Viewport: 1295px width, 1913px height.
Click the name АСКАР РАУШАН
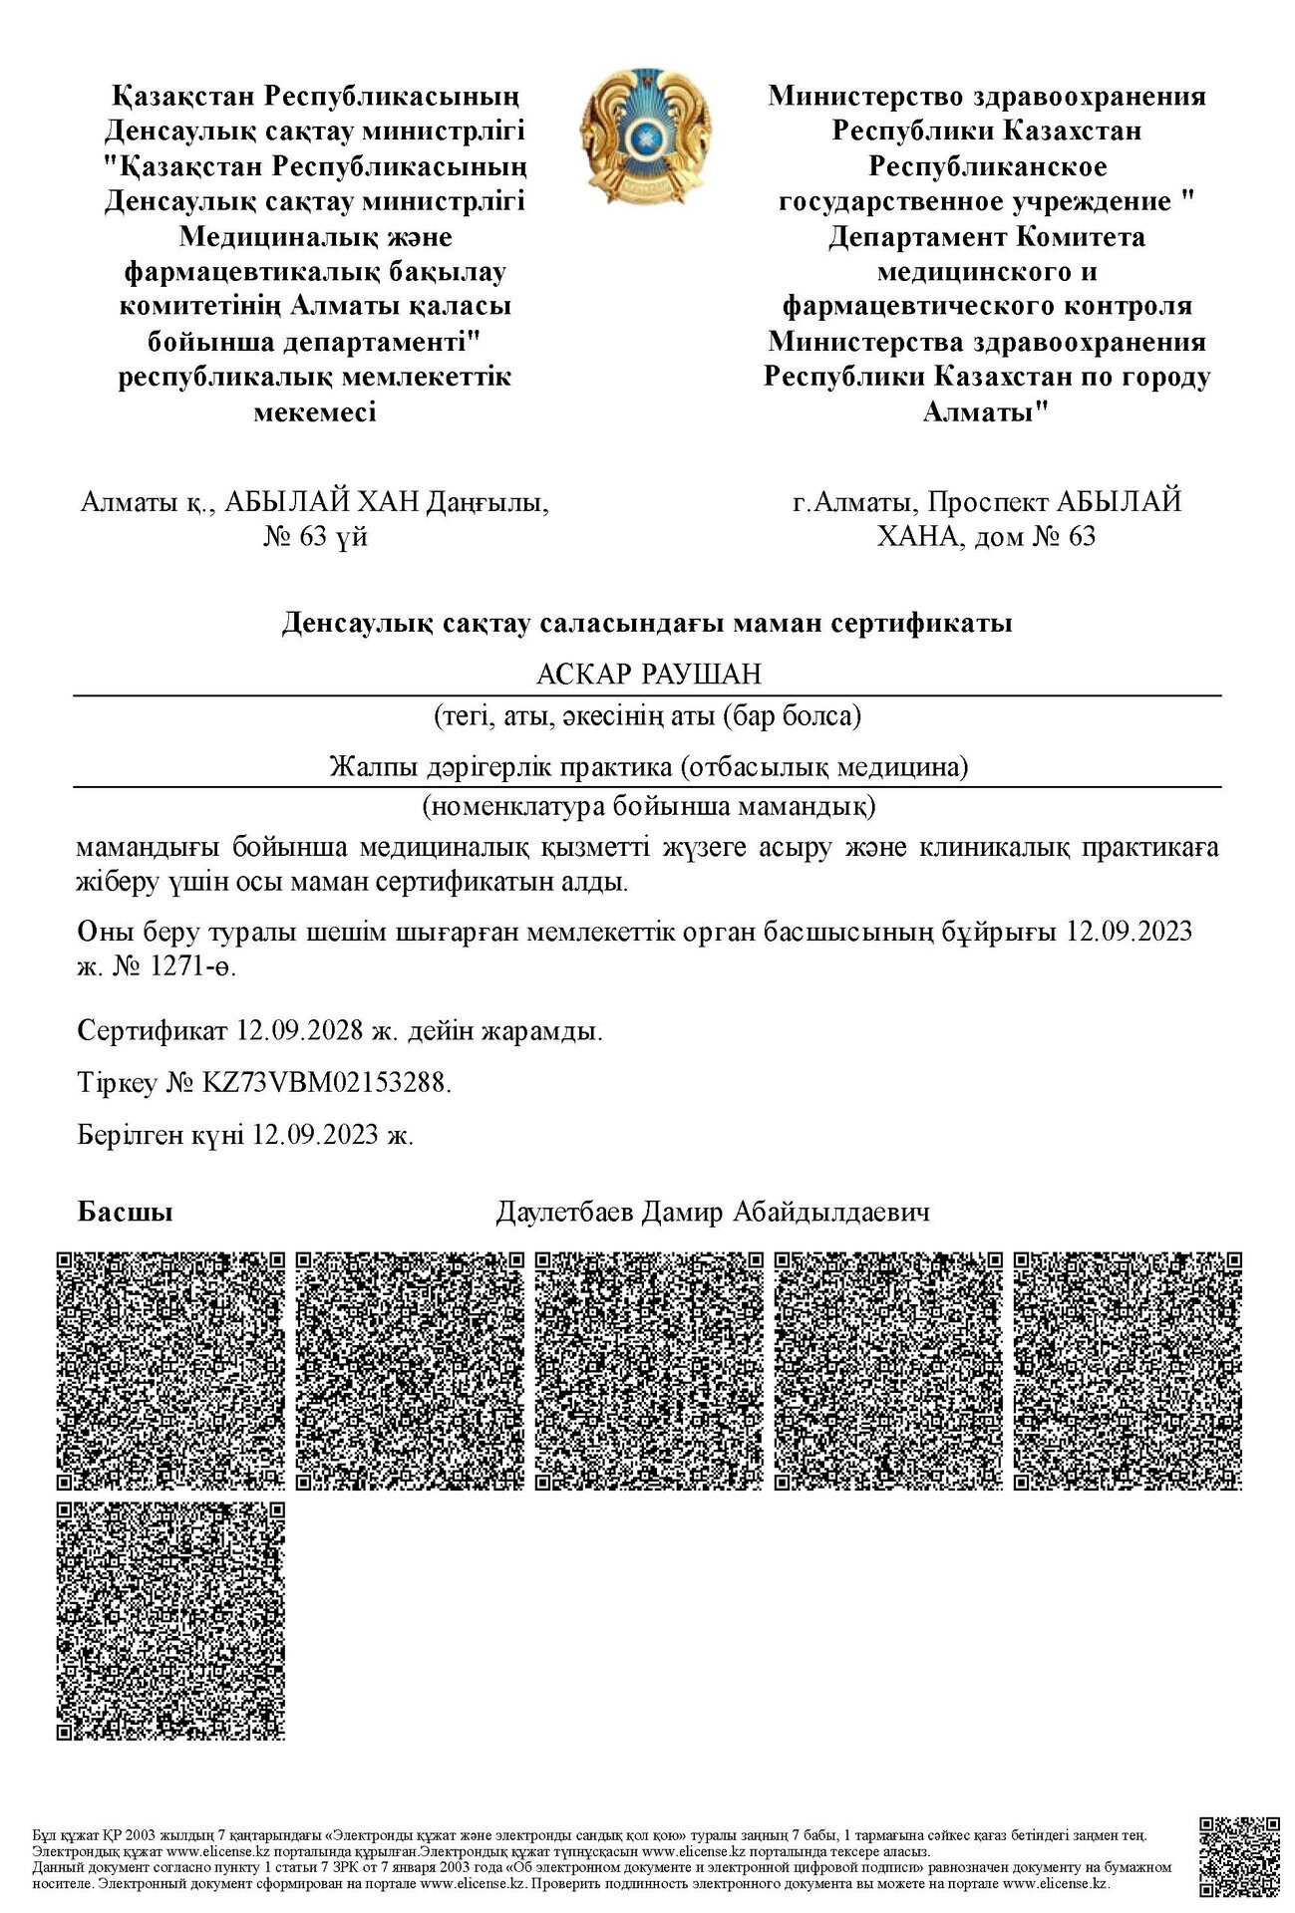[648, 675]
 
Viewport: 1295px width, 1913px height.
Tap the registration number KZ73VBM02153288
[325, 1083]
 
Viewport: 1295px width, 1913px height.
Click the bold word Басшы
[125, 1213]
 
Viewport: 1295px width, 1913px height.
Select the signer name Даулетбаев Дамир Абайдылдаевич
[713, 1213]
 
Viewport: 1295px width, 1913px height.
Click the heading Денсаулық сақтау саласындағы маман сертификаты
[647, 624]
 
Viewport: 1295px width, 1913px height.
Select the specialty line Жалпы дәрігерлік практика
[648, 767]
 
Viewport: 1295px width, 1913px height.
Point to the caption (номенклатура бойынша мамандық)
[648, 805]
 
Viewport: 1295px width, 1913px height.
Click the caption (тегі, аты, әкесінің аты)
[648, 715]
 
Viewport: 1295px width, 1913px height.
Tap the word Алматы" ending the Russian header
[987, 411]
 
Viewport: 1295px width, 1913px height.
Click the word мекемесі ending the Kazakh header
[315, 411]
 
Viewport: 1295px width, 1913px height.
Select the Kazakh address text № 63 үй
[315, 537]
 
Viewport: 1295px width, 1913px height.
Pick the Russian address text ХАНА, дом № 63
[986, 537]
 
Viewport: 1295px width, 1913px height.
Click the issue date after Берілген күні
[317, 1135]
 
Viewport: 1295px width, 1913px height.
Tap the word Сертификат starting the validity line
[152, 1031]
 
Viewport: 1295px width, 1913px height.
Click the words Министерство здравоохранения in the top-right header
[987, 97]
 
